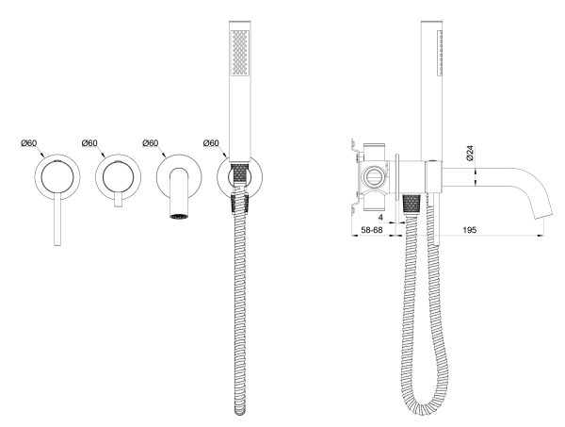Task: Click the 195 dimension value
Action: (x=470, y=230)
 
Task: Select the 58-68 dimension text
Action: (x=372, y=230)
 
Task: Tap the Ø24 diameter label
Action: (x=470, y=153)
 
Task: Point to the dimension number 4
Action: (x=380, y=218)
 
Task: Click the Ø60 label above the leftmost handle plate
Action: (x=29, y=143)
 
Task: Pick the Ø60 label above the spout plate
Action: (x=151, y=143)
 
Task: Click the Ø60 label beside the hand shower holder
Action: (x=211, y=143)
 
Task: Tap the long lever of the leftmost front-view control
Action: (x=57, y=220)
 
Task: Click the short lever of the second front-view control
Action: (x=118, y=200)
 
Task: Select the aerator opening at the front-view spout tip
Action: (x=178, y=217)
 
